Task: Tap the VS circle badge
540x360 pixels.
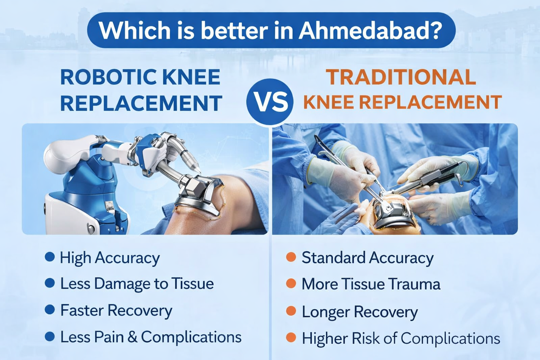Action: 270,102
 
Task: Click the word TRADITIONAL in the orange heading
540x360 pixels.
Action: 401,77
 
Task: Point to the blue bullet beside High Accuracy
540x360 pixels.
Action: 50,257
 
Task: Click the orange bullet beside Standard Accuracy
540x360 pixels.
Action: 291,257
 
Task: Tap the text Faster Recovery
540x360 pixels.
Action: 116,310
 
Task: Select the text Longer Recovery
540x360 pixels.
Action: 360,312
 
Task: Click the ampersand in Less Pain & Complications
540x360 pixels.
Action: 132,337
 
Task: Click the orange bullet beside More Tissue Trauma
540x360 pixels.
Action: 291,284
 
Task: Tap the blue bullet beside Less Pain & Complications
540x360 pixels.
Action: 50,336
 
